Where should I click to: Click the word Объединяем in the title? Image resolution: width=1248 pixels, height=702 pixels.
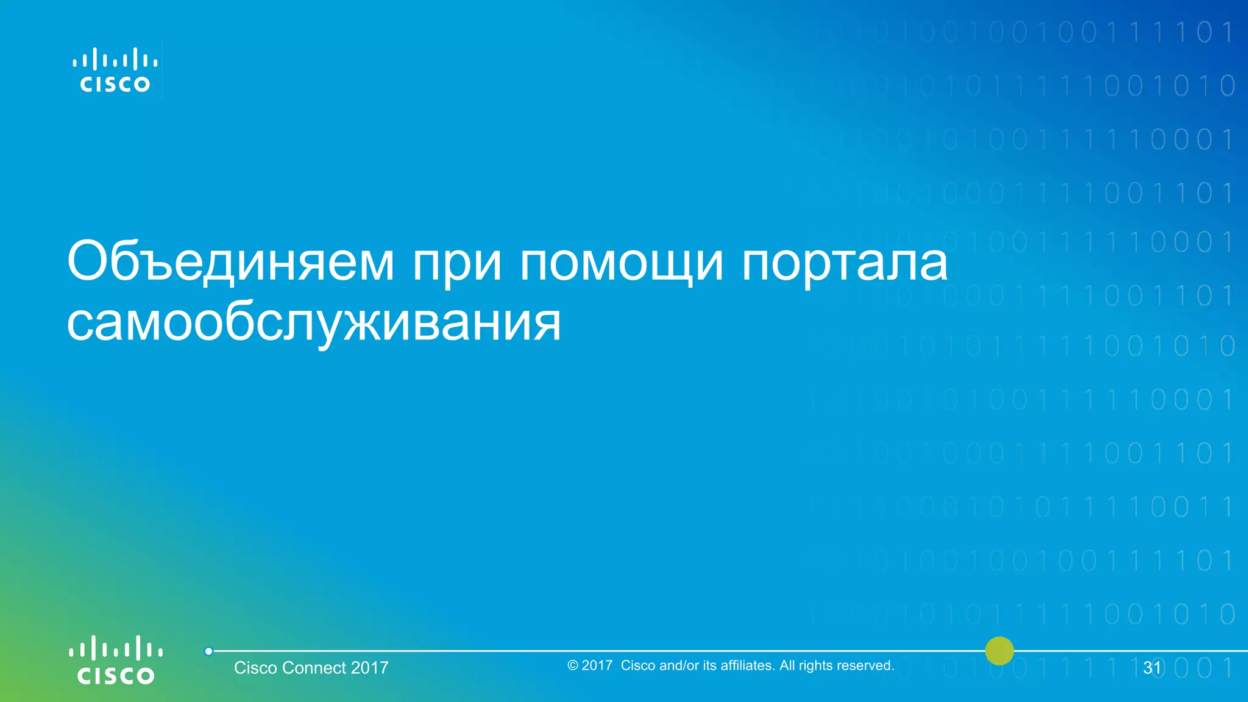pos(231,262)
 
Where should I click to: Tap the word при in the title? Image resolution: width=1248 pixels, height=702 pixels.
pos(457,263)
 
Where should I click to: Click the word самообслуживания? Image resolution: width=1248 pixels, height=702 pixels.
pos(313,323)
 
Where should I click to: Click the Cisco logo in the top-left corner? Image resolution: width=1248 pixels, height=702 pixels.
pos(115,71)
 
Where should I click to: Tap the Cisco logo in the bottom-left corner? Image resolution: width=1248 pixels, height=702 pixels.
pos(115,660)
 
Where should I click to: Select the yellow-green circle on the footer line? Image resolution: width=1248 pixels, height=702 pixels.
pos(999,651)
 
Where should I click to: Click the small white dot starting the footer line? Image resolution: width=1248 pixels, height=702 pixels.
pos(208,651)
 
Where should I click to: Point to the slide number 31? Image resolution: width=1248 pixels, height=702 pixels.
pos(1152,668)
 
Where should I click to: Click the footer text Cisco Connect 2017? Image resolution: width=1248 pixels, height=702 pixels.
pos(311,668)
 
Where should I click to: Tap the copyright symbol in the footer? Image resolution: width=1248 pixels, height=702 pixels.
pos(572,665)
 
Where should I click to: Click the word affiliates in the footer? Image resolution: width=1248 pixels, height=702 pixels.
pos(747,665)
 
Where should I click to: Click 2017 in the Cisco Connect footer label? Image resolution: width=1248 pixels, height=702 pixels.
pos(369,668)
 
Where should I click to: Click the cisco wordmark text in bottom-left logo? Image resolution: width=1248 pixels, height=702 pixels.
pos(115,676)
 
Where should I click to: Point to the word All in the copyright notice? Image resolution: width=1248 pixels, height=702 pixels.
pos(787,665)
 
